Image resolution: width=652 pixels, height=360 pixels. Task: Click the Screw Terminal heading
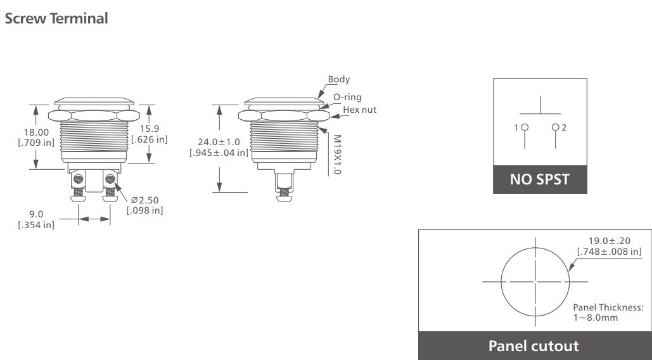pos(56,18)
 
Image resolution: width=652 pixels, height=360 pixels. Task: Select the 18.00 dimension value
pos(36,132)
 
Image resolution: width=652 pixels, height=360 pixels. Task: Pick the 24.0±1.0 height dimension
pos(219,142)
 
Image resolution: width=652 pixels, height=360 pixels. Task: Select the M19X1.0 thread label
pos(336,154)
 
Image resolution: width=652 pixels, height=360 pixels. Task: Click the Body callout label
pos(338,80)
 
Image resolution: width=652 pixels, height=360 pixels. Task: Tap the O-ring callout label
pos(347,97)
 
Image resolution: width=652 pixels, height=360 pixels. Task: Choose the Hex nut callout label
pos(359,110)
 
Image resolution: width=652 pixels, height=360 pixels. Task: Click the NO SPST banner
pos(540,179)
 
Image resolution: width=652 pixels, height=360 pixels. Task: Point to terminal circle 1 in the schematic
pos(524,127)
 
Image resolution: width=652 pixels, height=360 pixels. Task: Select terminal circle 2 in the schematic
pos(556,127)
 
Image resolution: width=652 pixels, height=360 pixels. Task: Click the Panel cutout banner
pos(534,346)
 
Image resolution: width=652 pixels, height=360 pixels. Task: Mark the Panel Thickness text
pos(608,307)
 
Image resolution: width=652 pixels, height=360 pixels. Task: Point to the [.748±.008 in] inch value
pos(608,252)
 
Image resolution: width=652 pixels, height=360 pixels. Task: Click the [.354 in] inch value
pos(35,224)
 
